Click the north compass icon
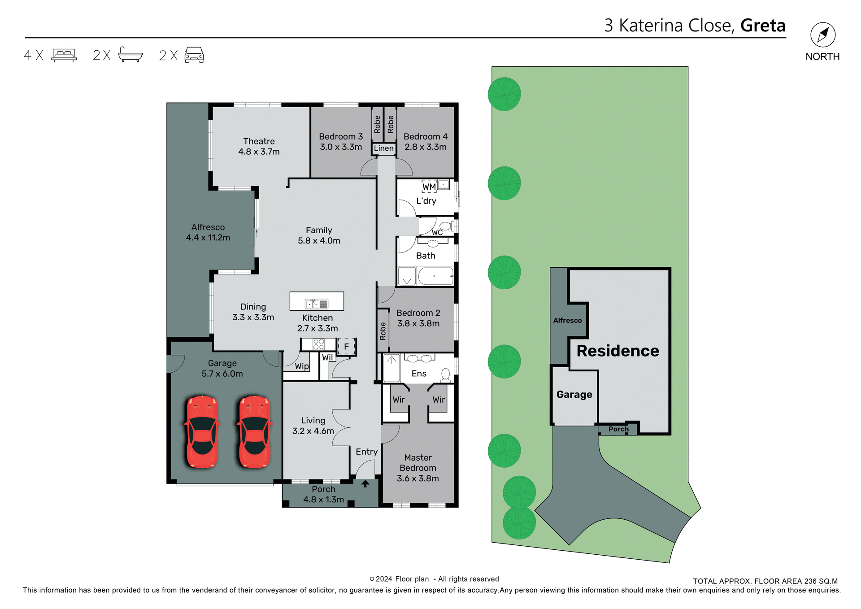point(822,35)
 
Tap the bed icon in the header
point(64,55)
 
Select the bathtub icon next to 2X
point(130,55)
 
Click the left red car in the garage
point(202,431)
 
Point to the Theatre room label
point(259,141)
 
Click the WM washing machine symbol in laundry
point(429,187)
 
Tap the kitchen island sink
point(317,304)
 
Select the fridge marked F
point(346,346)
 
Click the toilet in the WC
point(445,226)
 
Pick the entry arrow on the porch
point(365,484)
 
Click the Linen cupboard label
point(384,148)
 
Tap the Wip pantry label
point(302,366)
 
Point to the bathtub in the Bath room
point(435,276)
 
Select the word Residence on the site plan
point(617,351)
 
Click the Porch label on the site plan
point(618,429)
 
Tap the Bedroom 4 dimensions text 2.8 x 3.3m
point(425,147)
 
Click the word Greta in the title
point(763,26)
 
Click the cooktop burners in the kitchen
point(318,344)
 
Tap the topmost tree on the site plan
point(504,94)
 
